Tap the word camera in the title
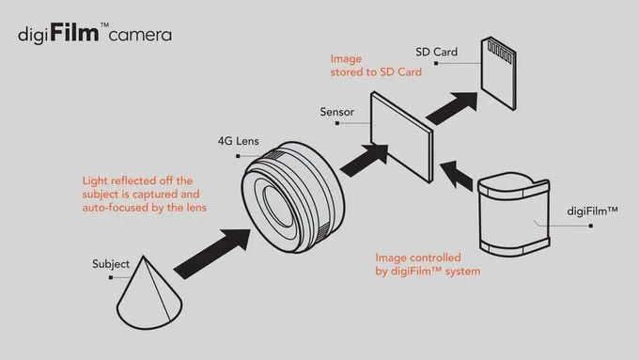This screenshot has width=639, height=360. pos(140,35)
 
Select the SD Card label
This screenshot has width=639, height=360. pos(436,52)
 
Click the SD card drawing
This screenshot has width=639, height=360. pos(498,73)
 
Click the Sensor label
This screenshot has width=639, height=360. pos(336,112)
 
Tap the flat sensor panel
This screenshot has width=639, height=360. pos(401,136)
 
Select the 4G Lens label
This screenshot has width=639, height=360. pos(239,141)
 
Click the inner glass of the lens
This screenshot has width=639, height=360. pos(278,206)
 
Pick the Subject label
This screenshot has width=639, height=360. pos(111,264)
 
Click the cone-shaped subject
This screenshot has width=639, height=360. pos(149,292)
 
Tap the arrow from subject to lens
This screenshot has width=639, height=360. pos(212,254)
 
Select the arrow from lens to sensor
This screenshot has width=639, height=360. pos(364,160)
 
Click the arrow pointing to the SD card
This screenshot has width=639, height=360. pos(452,108)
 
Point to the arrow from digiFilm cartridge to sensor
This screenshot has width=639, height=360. pos(457,176)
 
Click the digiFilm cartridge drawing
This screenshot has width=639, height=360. pos(514,214)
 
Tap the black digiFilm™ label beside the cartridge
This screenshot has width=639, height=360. pos(593,211)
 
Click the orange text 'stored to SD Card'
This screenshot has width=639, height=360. pos(376,72)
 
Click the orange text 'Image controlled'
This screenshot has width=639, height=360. pos(418,258)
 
